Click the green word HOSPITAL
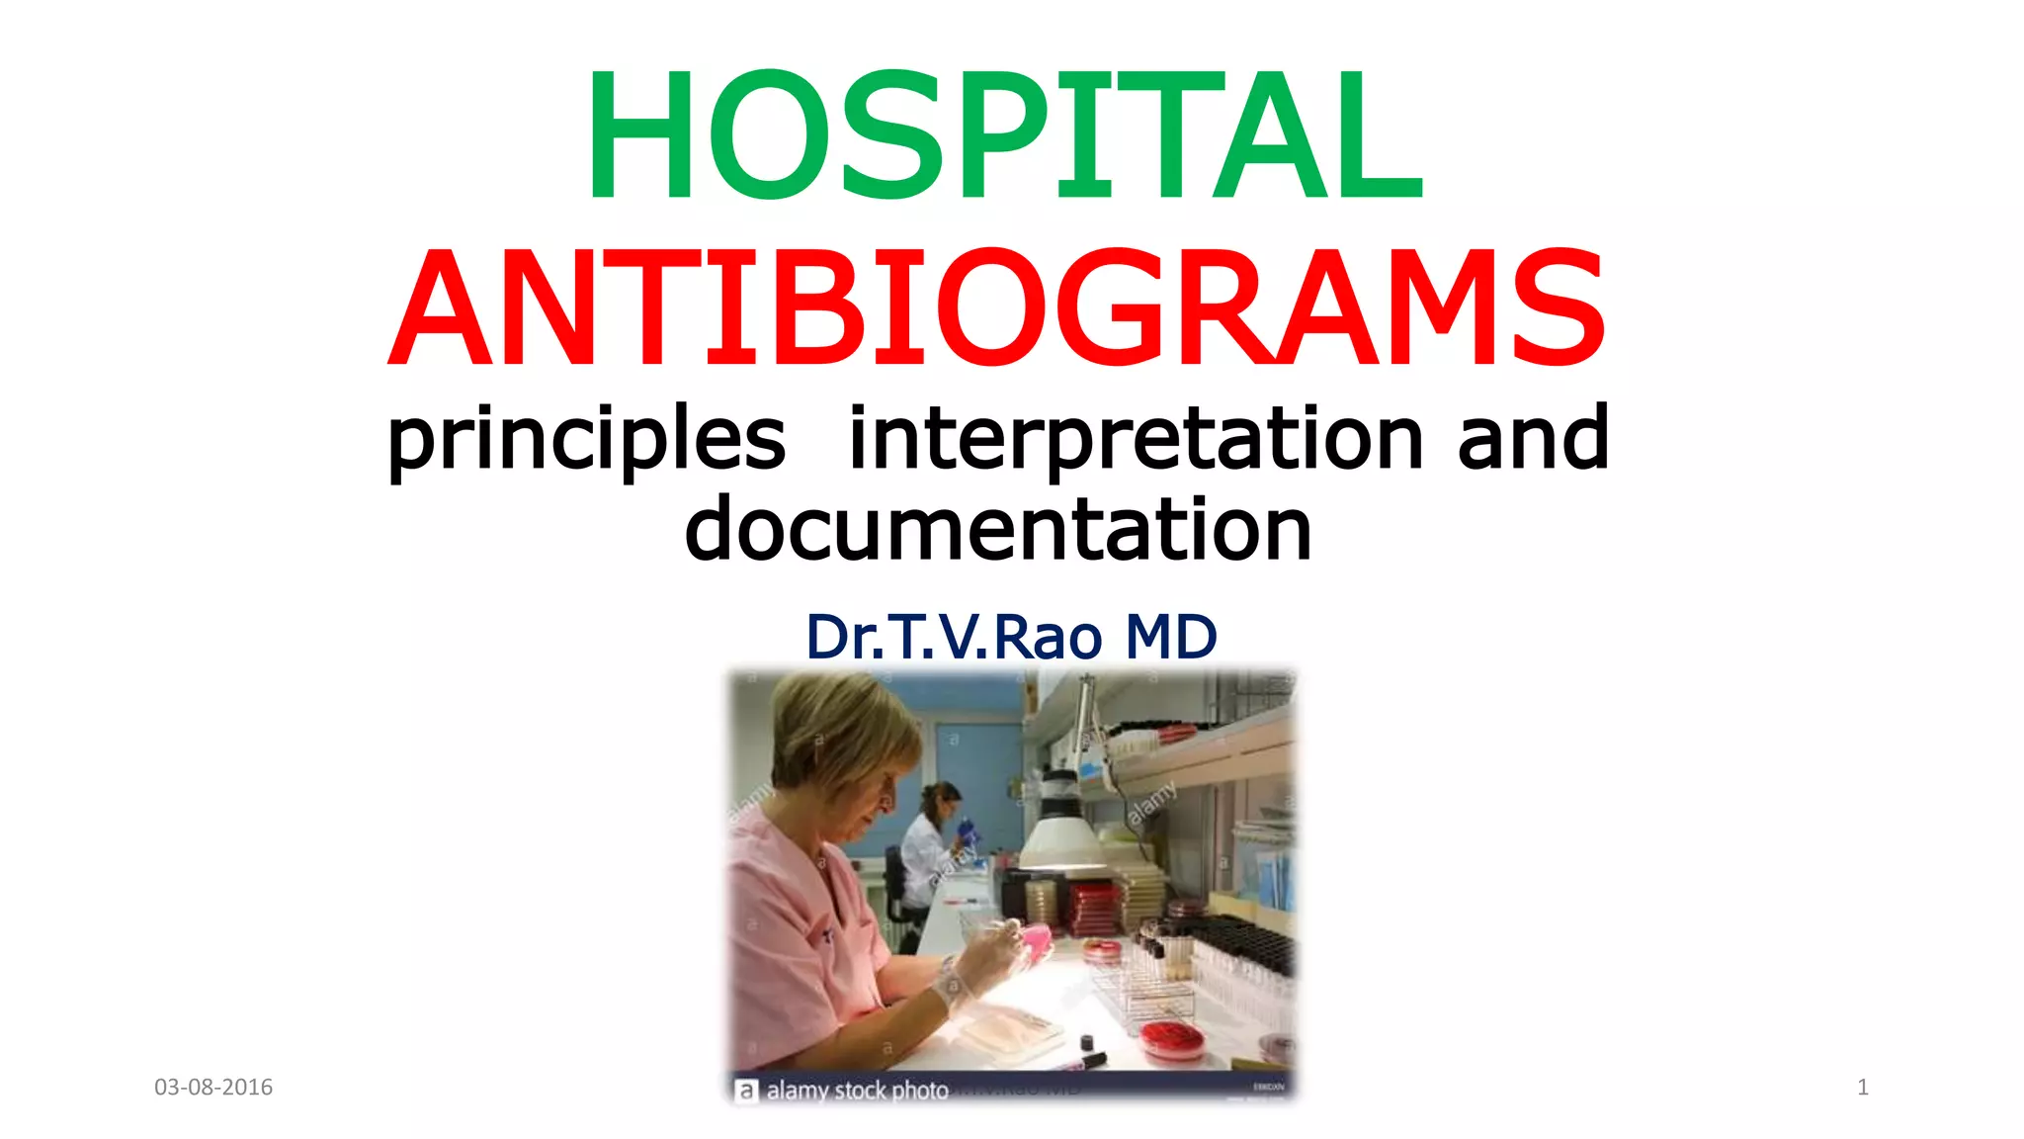point(1005,135)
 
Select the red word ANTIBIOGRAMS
point(998,308)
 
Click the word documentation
point(998,529)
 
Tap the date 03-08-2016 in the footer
point(213,1088)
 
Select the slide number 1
point(1863,1088)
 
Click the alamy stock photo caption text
point(857,1091)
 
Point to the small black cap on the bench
point(1087,1042)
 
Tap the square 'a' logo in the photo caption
point(746,1091)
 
